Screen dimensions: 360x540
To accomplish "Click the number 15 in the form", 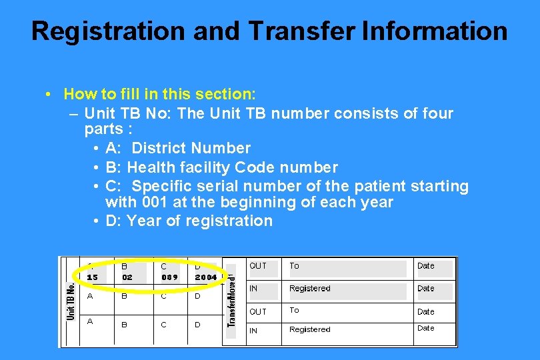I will (x=92, y=277).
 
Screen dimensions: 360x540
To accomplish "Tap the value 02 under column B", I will (x=127, y=277).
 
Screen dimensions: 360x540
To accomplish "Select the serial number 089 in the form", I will (x=169, y=277).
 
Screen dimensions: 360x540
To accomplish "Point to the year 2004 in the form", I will (x=206, y=277).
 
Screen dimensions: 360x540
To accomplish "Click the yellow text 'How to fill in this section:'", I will (x=160, y=94).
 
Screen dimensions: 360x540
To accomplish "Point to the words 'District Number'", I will (x=191, y=148).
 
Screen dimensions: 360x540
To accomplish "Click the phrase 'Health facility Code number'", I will (x=233, y=167).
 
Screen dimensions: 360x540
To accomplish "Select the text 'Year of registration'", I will (x=199, y=221).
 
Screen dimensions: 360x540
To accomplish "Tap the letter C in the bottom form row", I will (x=163, y=325).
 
